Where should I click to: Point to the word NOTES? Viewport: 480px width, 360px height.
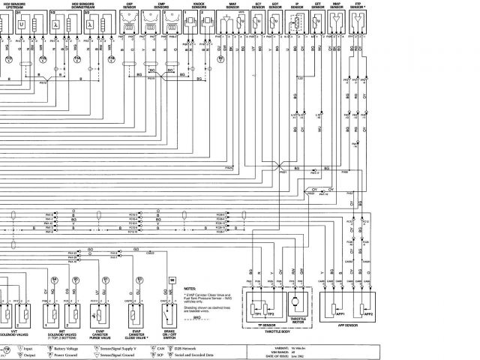[x=189, y=286]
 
